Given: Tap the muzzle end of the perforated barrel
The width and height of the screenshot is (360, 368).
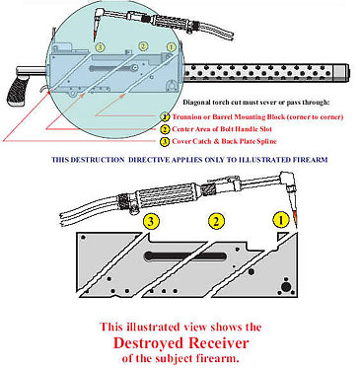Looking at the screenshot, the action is pos(346,72).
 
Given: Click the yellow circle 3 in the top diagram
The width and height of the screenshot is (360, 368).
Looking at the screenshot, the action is pos(100,47).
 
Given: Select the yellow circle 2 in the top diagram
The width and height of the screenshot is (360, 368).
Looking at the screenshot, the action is pos(143,46).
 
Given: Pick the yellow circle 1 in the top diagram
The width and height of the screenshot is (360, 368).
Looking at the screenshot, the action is pos(171,47).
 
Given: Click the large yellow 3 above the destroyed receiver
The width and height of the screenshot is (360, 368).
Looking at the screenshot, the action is pos(151,222).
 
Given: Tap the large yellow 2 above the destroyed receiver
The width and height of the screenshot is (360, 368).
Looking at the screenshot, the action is pos(216,221).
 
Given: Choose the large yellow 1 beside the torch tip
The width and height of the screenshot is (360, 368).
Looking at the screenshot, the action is pos(281,220).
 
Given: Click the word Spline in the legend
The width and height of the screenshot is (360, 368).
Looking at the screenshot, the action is pos(264,142).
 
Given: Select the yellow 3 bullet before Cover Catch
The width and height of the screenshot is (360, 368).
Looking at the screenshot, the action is pos(165,142).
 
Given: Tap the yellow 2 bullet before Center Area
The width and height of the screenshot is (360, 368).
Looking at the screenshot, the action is pos(165,129).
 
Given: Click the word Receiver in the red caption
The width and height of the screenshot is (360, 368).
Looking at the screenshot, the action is pos(220,343).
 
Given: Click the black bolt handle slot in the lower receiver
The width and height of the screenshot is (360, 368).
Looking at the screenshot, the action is pos(185,256).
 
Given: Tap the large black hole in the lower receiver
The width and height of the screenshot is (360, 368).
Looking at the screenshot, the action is pos(286,286).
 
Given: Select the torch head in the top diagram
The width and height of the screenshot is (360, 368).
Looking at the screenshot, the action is pos(100,20).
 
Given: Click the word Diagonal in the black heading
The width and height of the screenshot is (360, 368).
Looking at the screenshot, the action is pos(196,103).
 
